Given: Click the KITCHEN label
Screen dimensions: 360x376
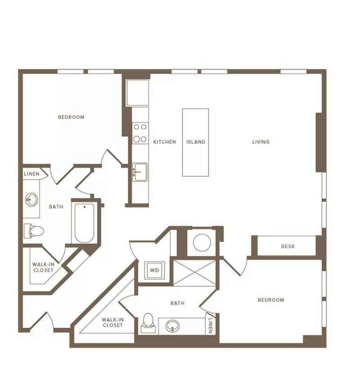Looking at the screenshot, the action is (x=164, y=142).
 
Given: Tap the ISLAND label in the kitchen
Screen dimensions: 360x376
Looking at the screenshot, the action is (x=196, y=142).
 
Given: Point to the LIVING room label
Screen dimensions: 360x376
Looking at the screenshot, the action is (x=261, y=142).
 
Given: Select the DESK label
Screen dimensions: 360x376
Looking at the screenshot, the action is (x=288, y=246).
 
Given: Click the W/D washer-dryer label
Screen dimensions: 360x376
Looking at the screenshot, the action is (x=154, y=270).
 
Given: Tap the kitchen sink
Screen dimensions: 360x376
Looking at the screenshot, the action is (x=140, y=172).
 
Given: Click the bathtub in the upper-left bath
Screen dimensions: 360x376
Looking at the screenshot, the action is (x=84, y=223).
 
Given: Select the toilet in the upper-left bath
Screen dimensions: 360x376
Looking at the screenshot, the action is (x=34, y=231).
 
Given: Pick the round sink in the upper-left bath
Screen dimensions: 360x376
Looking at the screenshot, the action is (x=31, y=199).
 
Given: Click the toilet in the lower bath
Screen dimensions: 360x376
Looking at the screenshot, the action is (x=148, y=322).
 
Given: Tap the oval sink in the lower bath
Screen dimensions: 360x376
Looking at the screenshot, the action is (x=172, y=326).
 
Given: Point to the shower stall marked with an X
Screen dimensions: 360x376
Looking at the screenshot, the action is (x=194, y=273).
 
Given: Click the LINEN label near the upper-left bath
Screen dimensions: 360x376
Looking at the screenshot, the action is (x=31, y=174).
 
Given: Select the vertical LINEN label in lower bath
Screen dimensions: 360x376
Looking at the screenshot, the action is (x=210, y=326).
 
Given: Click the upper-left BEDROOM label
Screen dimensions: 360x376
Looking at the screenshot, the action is (x=71, y=117).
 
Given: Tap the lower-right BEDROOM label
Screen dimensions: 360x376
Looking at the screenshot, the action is (x=271, y=300).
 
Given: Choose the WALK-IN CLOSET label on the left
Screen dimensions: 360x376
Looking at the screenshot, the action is (x=43, y=267).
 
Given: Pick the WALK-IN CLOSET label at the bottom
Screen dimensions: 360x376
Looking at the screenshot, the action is (x=112, y=322).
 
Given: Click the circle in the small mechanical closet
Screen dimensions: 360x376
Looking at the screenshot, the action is (x=202, y=242).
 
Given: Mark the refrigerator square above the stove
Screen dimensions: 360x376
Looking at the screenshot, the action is (x=138, y=93).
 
